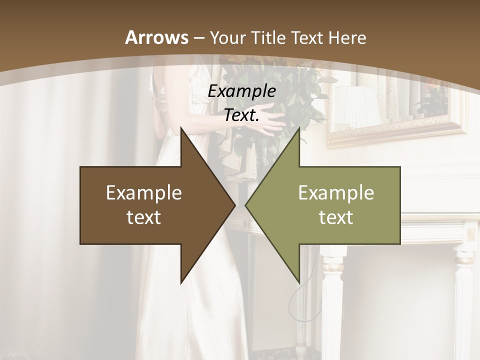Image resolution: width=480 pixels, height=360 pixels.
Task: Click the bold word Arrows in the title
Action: pos(156,37)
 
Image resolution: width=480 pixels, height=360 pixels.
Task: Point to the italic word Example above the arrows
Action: pos(242,91)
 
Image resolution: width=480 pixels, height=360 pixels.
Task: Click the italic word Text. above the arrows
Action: pos(242,115)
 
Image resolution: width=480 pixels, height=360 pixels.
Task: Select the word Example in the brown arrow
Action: pos(144,193)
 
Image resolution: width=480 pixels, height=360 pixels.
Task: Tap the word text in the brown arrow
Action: pos(144,217)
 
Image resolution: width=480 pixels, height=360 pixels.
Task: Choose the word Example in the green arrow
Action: pos(336,193)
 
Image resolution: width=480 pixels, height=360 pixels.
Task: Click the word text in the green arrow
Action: pos(336,217)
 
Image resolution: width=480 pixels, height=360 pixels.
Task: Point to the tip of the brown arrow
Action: pos(234,205)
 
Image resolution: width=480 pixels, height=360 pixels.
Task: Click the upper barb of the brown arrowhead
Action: pos(182,130)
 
